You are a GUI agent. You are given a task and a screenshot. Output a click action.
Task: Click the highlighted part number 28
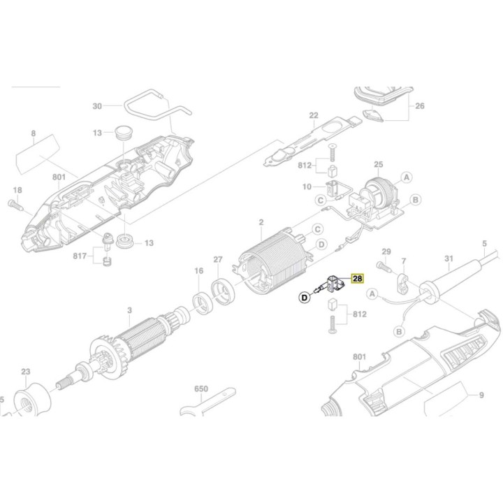[357, 278]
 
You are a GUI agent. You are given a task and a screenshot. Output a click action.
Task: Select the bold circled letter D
[305, 298]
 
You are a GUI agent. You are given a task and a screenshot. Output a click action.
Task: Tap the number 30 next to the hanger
[97, 106]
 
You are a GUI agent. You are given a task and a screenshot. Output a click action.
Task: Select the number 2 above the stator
[261, 223]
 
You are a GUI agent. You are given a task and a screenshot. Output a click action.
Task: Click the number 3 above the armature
[129, 310]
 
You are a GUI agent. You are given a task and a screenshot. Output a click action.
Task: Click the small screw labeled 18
[15, 203]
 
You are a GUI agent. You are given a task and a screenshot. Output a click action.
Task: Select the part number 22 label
[314, 116]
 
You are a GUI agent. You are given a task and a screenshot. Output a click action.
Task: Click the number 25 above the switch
[379, 165]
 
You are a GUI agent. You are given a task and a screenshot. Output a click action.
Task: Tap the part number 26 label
[419, 106]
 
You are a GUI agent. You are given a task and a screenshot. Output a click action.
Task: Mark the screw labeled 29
[381, 266]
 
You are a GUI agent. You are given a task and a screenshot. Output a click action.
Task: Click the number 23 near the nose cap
[26, 372]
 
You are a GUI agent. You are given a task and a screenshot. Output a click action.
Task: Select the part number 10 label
[307, 187]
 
